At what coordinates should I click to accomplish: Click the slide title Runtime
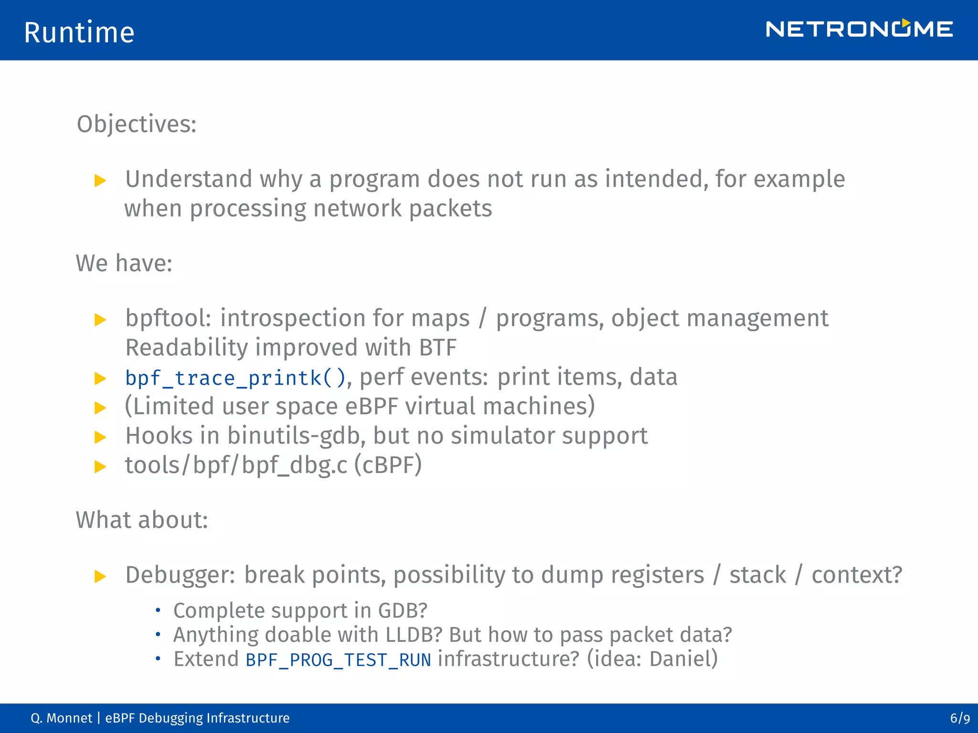[79, 32]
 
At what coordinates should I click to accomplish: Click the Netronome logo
[859, 29]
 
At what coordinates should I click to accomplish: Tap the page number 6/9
[960, 718]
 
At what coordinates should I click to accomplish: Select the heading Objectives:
[137, 124]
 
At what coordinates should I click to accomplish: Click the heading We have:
[124, 263]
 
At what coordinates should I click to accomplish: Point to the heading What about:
[142, 520]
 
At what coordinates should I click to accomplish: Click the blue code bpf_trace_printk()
[235, 378]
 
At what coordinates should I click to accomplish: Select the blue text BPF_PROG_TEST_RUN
[338, 660]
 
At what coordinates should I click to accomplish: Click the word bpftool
[167, 318]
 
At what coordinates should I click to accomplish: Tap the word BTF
[437, 347]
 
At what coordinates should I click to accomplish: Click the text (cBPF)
[388, 465]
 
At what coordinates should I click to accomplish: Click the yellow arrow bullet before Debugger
[100, 576]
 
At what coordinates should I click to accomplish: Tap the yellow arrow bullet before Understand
[100, 180]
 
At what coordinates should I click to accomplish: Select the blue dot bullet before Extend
[158, 659]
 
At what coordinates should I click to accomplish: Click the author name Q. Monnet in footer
[61, 718]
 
